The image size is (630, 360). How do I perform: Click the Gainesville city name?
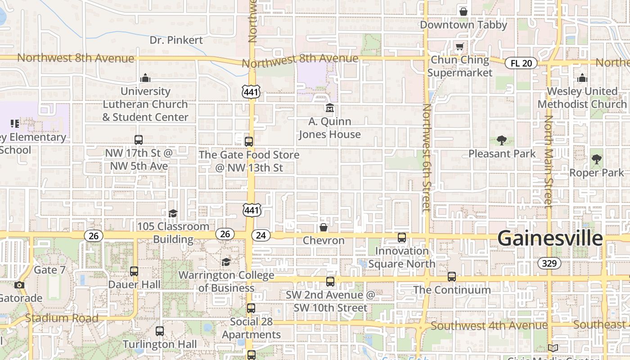coord(550,238)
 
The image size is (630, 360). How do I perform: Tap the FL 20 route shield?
coord(521,63)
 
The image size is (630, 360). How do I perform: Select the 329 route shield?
coord(549,263)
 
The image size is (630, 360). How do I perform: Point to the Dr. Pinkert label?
coord(176,40)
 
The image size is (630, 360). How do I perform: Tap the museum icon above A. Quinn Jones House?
coord(330,108)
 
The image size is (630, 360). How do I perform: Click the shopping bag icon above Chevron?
coord(323,227)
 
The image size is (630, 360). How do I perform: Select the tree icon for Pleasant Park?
coord(502,140)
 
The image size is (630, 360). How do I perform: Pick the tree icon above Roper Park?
coord(597,159)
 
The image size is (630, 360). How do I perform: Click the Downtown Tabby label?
coord(463,25)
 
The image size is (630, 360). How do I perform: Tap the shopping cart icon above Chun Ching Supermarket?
coord(459,47)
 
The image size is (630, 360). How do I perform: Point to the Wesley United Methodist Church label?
coord(582,98)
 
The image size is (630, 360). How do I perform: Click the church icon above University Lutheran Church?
coord(145,78)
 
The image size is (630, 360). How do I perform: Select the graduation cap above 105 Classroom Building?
coord(173,213)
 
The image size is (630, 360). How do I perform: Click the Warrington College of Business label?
coord(226,281)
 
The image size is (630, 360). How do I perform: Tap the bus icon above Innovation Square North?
coord(402,238)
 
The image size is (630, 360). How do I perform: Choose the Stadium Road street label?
coord(62,318)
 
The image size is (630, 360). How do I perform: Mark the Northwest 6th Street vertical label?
coord(427,157)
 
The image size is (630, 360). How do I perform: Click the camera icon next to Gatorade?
coord(19,285)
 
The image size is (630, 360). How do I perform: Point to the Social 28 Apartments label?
coord(251,328)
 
